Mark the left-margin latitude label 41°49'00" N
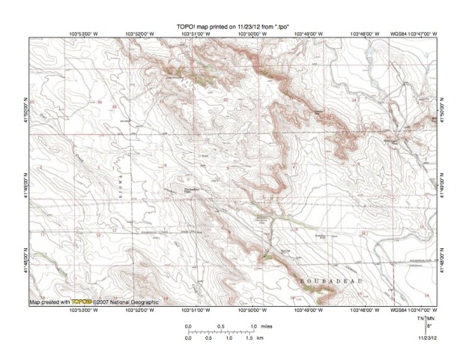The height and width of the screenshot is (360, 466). click(x=27, y=181)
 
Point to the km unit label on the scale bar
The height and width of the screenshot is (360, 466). click(x=260, y=338)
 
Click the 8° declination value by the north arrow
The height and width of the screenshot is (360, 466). click(x=429, y=326)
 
